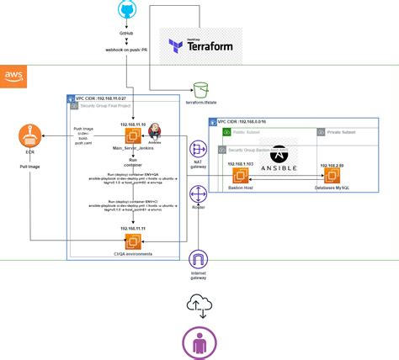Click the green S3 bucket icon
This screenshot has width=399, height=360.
pyautogui.click(x=200, y=89)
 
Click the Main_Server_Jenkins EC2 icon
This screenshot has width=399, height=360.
pyautogui.click(x=133, y=137)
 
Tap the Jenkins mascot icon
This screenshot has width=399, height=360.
pyautogui.click(x=155, y=135)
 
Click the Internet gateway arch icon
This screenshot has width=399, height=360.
pyautogui.click(x=198, y=259)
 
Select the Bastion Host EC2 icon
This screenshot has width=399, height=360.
pyautogui.click(x=242, y=177)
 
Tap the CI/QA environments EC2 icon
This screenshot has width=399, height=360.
pyautogui.click(x=133, y=241)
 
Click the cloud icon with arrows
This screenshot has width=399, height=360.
pyautogui.click(x=199, y=302)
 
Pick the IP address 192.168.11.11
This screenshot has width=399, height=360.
pyautogui.click(x=132, y=228)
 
